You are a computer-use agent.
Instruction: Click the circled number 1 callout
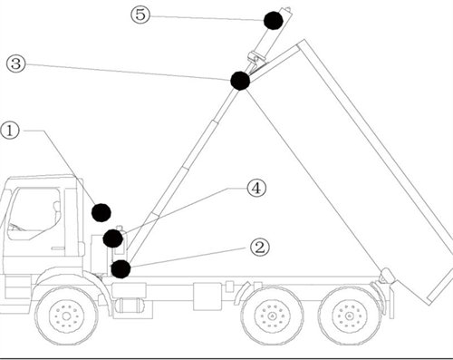coord(10,131)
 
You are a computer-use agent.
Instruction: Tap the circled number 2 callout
coord(260,248)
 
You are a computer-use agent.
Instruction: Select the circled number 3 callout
coord(16,63)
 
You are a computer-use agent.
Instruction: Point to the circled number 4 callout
coord(256,188)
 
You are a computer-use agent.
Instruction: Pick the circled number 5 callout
coord(140,15)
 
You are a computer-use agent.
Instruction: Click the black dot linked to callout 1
coord(101,212)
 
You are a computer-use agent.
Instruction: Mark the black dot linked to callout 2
coord(120,268)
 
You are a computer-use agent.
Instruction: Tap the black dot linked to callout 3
coord(240,81)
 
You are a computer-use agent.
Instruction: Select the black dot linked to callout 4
coord(112,238)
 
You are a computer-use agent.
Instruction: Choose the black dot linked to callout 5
coord(274,21)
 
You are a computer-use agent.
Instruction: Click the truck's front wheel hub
coord(66,316)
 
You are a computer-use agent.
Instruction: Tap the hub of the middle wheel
coord(273,316)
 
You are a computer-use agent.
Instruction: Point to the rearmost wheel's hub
coord(350,316)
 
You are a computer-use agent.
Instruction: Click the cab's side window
coord(34,213)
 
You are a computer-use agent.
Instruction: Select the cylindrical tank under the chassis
coord(130,306)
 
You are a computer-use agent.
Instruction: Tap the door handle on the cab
coord(58,248)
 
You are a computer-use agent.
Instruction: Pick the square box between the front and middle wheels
coord(207,297)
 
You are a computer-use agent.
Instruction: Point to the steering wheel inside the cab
coord(15,227)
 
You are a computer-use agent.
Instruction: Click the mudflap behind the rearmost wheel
coord(391,301)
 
